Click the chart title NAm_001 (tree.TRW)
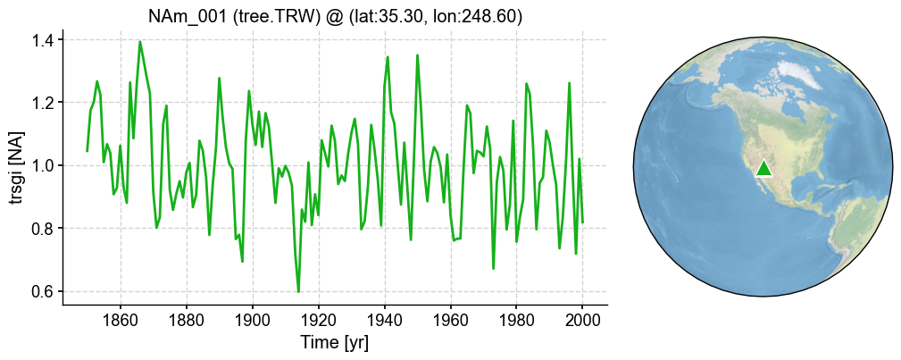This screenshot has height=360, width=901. click(335, 17)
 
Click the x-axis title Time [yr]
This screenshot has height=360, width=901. click(335, 343)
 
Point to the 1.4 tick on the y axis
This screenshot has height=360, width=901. click(42, 40)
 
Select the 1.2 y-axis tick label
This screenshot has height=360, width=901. click(42, 103)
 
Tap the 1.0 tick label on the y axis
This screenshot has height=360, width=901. click(42, 166)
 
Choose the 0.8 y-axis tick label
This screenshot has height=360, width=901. click(42, 229)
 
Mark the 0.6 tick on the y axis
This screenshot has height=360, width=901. click(42, 292)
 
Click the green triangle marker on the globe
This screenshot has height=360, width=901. click(763, 168)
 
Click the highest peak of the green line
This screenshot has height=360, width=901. click(140, 42)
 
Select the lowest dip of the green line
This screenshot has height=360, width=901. click(298, 291)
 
